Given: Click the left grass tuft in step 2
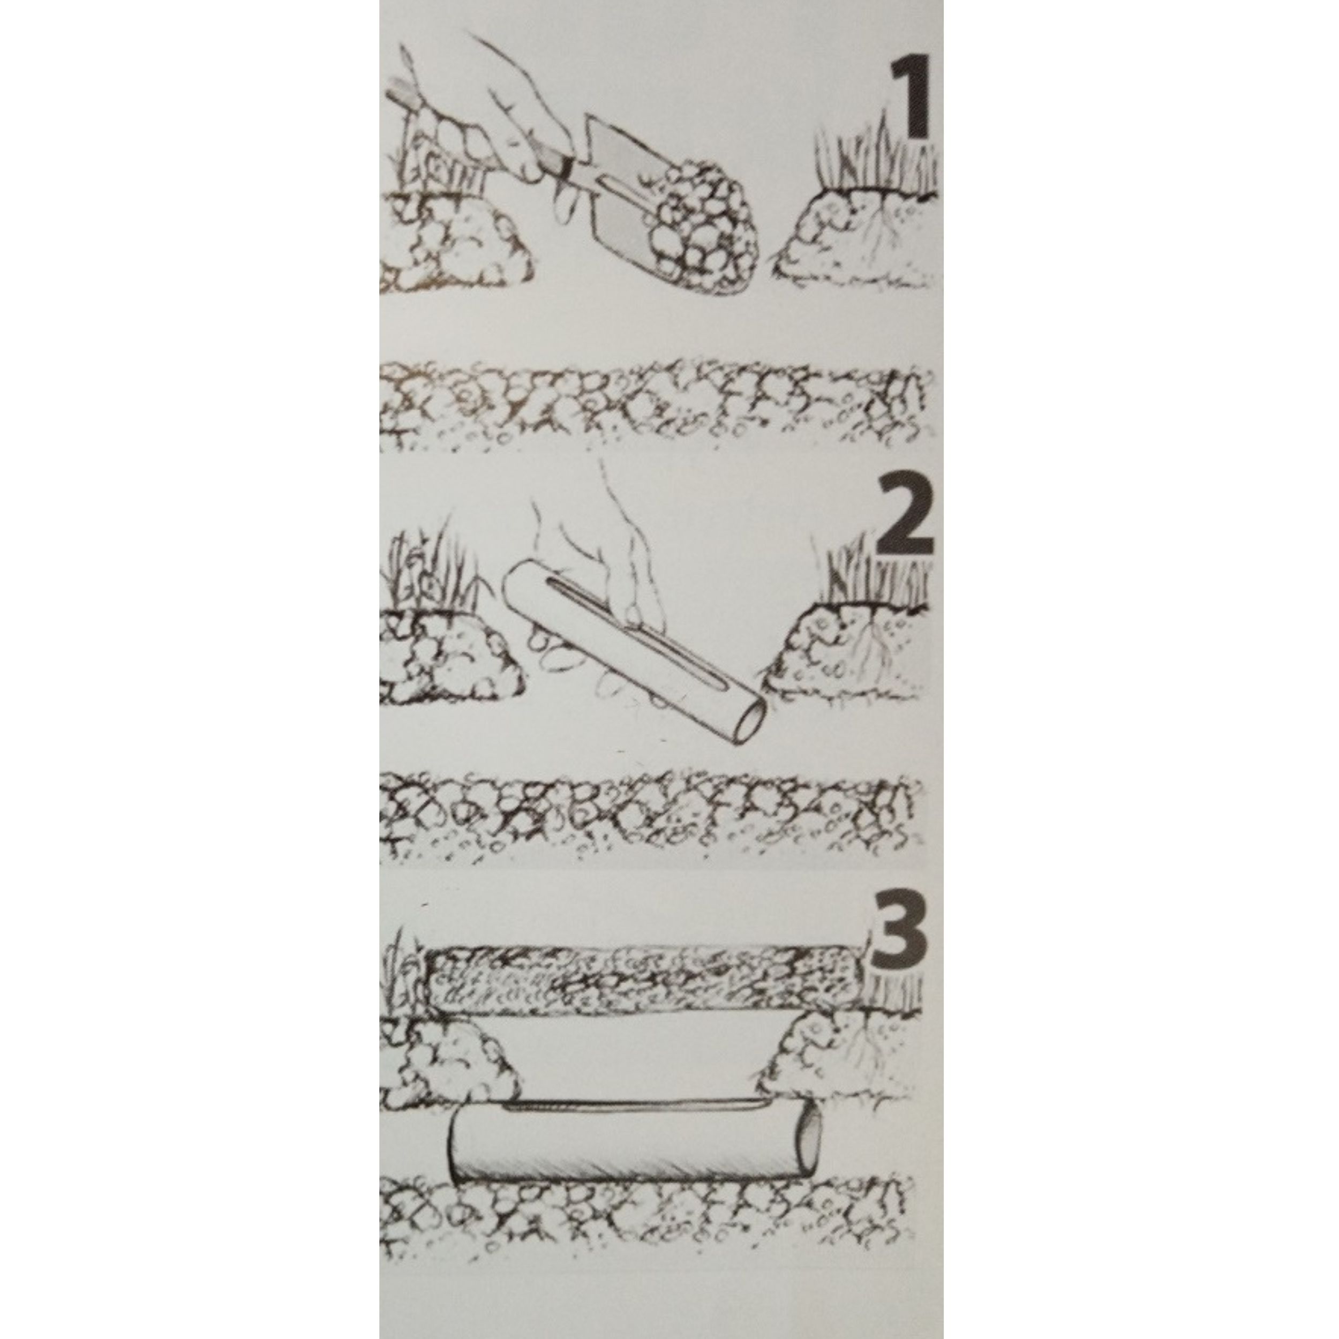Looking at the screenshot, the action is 430,568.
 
